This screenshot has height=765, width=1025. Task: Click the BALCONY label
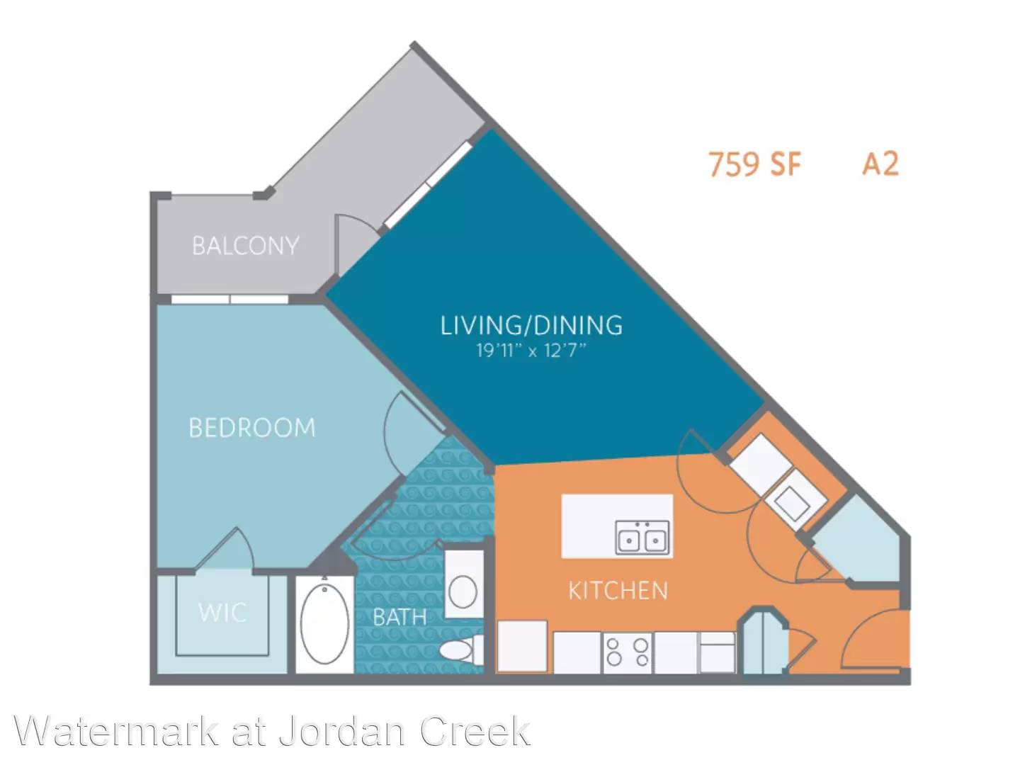[x=245, y=246]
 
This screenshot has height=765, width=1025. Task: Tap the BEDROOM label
[x=251, y=427]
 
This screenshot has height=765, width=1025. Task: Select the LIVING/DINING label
[x=531, y=325]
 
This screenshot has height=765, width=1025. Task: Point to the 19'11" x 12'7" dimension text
[x=531, y=350]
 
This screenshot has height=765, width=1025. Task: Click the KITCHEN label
[x=618, y=591]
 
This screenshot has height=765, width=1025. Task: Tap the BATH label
[x=400, y=618]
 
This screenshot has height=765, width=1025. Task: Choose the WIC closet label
[x=222, y=613]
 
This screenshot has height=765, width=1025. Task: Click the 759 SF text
[x=754, y=164]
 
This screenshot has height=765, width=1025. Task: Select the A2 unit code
[x=880, y=164]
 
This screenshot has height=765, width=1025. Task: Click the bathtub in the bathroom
[x=324, y=624]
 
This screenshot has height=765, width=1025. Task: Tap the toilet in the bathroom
[x=461, y=650]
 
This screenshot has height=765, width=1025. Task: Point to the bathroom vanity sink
[x=463, y=591]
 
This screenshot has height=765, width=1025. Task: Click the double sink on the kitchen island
[x=642, y=538]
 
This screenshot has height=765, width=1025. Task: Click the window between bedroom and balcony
[x=230, y=299]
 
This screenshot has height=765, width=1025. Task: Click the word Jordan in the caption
[x=342, y=731]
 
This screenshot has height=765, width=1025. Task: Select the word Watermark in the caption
[x=116, y=731]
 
